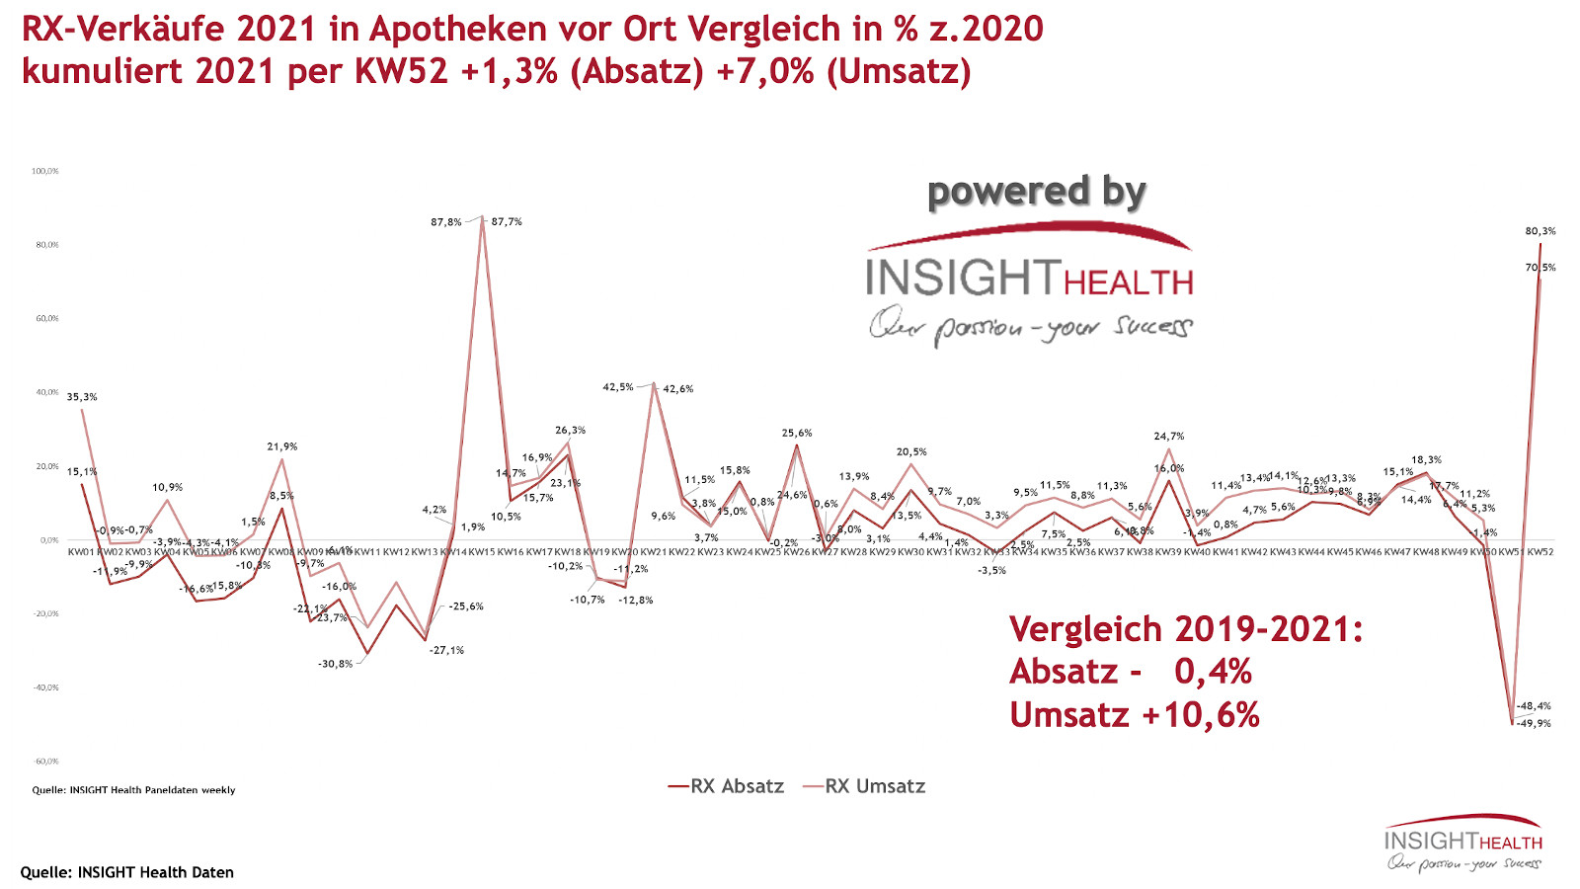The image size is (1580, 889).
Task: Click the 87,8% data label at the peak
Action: tap(445, 222)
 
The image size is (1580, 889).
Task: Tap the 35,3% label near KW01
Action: tap(82, 397)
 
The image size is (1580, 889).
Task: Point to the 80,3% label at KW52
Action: tap(1540, 231)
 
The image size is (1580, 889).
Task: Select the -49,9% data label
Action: tap(1534, 723)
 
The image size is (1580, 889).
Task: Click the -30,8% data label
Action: tap(335, 664)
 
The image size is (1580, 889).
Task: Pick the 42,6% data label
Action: tap(677, 389)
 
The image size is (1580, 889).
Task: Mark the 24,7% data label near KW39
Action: tap(1168, 436)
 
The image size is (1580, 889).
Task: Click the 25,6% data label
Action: tap(796, 433)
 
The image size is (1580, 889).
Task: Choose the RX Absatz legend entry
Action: tap(726, 786)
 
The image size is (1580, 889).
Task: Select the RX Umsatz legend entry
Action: tap(864, 786)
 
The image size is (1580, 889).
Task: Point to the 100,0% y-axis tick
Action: tap(44, 171)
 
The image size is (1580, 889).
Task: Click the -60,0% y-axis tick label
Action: tap(46, 762)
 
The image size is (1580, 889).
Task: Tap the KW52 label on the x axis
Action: tap(1540, 552)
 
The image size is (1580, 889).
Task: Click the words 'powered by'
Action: tap(1036, 192)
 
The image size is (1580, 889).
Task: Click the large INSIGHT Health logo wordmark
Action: tap(1030, 278)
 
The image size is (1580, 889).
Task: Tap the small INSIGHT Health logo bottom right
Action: tap(1462, 843)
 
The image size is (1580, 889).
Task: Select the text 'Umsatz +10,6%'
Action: tap(1134, 714)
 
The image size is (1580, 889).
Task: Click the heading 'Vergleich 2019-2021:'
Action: tap(1185, 629)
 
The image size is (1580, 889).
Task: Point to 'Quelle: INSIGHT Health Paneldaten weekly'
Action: tap(133, 790)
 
